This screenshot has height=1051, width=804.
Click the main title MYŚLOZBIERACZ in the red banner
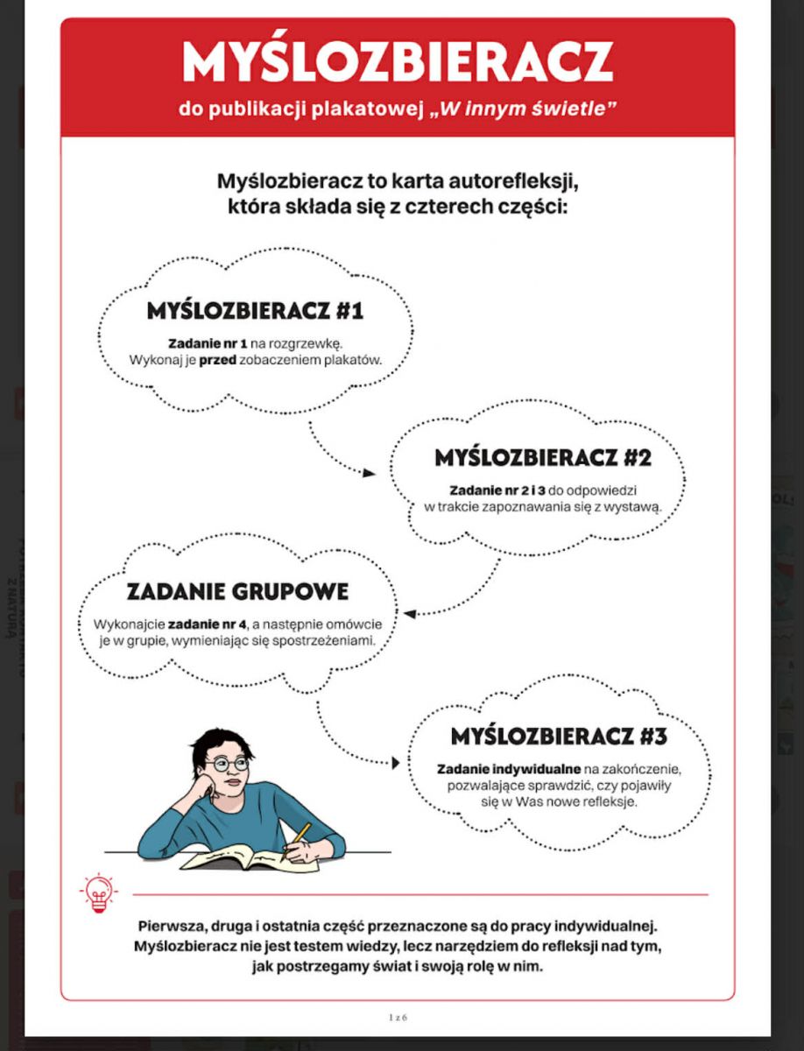397,62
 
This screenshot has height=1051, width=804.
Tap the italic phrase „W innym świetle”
524,110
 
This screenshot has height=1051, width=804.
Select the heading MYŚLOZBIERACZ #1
255,311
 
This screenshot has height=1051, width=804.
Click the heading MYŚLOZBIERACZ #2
543,458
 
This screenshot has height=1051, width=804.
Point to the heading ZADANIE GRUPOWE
237,591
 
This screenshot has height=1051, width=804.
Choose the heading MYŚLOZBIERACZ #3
559,737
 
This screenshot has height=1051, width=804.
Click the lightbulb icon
97,892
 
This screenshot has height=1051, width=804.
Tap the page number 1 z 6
398,1018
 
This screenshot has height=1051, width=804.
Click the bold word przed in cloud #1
218,360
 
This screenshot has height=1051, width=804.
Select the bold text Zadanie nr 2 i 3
497,490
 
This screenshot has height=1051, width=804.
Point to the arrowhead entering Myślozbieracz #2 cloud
370,473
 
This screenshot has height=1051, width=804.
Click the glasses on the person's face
229,764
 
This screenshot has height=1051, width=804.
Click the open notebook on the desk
236,856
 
